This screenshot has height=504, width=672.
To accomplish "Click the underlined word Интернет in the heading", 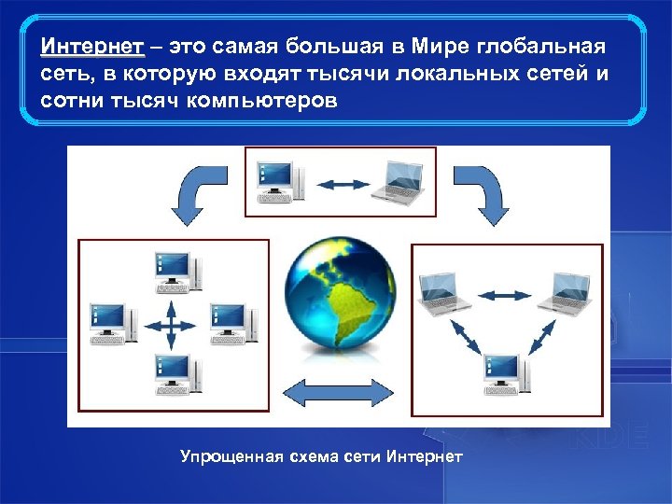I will (91, 47).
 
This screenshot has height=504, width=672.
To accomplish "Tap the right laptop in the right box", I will (566, 292).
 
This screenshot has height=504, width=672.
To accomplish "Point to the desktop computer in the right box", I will (505, 373).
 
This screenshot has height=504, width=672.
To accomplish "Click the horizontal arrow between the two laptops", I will (505, 296).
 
